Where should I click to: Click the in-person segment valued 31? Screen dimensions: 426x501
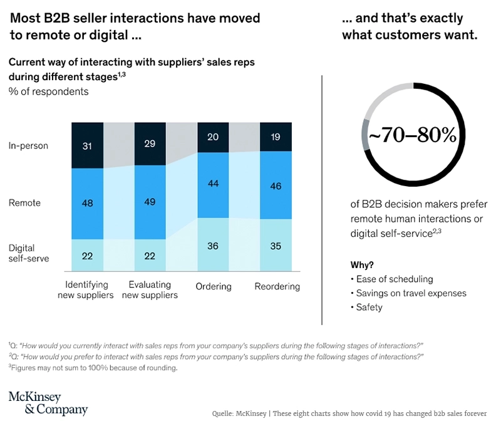coord(87,145)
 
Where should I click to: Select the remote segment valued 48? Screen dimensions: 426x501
coord(87,204)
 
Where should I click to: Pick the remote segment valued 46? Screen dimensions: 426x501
coord(276,185)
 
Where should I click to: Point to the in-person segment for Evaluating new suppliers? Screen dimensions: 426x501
coord(150,143)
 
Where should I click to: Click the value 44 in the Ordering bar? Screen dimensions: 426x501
coord(212,184)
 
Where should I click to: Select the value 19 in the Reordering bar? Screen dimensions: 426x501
coord(276,136)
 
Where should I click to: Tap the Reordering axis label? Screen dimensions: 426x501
coord(277,287)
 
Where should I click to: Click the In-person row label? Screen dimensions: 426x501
coord(28,146)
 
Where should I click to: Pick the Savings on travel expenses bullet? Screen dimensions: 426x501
coord(410,293)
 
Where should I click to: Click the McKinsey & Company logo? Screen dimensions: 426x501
coord(48,403)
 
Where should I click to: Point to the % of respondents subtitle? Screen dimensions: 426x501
coord(48,91)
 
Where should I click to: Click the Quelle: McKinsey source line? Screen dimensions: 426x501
coord(349,414)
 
